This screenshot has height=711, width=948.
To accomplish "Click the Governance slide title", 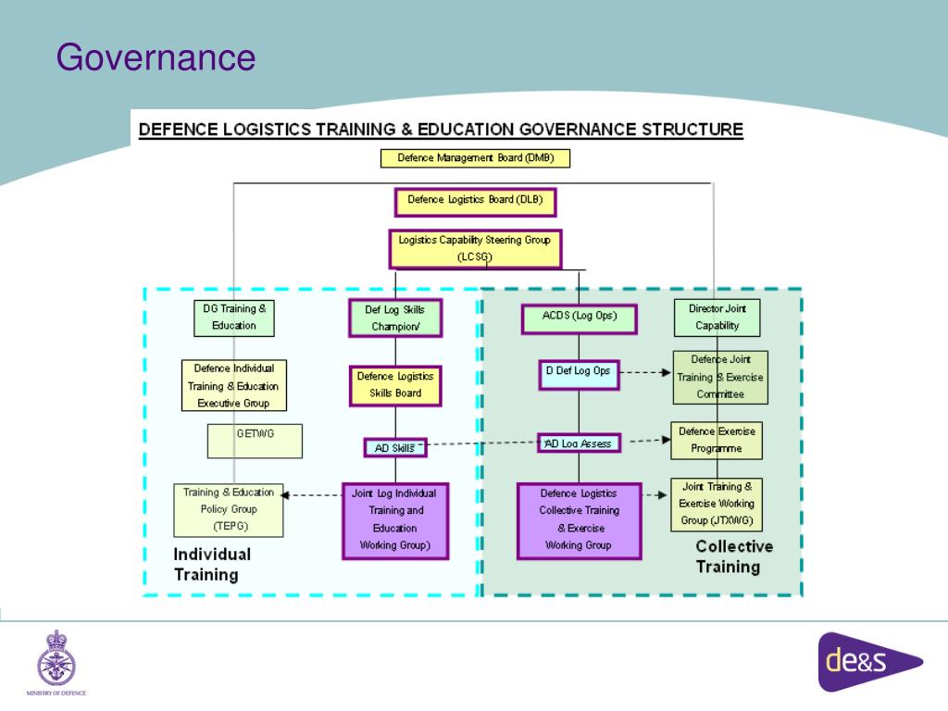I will click(155, 57).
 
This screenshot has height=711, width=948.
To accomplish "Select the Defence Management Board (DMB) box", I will click(475, 158).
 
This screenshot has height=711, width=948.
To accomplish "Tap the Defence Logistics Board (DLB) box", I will click(475, 200).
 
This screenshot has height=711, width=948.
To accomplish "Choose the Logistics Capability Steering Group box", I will click(475, 248).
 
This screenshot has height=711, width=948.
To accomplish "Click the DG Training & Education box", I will click(234, 318).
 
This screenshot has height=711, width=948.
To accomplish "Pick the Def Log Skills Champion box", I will click(395, 318).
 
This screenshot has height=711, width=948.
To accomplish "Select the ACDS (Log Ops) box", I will click(579, 318).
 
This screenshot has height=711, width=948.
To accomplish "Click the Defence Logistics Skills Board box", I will click(395, 385).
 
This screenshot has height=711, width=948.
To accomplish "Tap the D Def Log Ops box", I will click(579, 373).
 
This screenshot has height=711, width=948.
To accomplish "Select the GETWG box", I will click(256, 442).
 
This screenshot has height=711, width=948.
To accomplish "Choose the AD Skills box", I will click(394, 448).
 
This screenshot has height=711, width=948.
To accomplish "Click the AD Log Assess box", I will click(579, 443).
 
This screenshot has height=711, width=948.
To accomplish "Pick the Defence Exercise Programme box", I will click(718, 440).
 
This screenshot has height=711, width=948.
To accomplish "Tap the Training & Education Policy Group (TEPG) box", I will click(227, 510).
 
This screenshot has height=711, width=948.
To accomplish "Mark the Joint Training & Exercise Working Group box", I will click(718, 504).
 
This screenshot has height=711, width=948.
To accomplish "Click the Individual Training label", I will click(212, 564).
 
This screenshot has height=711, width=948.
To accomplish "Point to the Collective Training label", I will click(734, 556).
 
